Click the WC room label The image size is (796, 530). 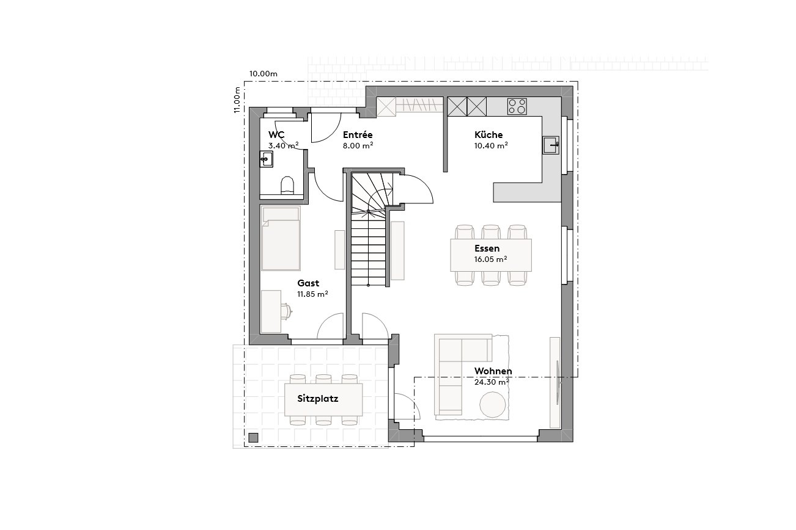[x=276, y=135]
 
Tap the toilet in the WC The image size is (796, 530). [x=287, y=186]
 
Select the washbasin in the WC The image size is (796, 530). [x=266, y=159]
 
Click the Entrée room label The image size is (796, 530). [x=358, y=135]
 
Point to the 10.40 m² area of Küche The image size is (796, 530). [x=491, y=146]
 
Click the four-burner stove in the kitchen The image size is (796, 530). [x=517, y=106]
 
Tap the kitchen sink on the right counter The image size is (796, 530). [x=550, y=145]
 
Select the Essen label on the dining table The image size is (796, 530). [x=487, y=249]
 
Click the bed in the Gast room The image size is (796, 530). [x=281, y=239]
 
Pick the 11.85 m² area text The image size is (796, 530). [x=312, y=294]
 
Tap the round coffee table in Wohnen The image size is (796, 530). [x=492, y=405]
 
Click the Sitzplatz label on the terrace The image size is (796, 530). [x=318, y=399]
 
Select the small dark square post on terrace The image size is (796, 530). [x=253, y=437]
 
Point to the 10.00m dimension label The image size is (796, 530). [x=263, y=74]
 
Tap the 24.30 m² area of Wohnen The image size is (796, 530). [x=492, y=382]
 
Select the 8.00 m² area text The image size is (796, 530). [x=358, y=146]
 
